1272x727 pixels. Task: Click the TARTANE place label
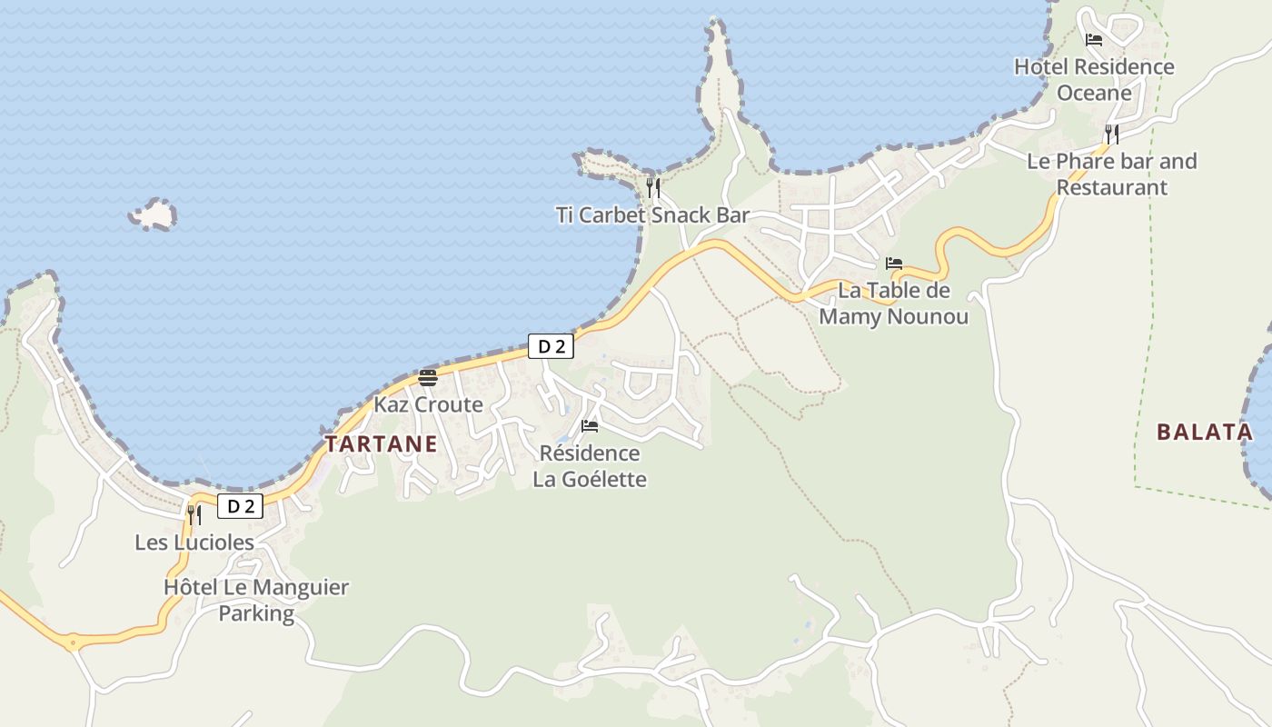click(381, 444)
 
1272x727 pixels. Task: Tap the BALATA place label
click(1205, 432)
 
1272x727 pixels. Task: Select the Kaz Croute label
click(428, 404)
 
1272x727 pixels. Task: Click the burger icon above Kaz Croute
click(428, 378)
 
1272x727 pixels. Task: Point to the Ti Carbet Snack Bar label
click(652, 215)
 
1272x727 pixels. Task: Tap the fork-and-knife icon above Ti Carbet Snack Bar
click(652, 188)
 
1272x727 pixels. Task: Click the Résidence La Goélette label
click(590, 466)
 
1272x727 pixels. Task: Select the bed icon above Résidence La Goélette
click(590, 425)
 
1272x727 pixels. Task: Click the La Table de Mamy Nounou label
click(893, 304)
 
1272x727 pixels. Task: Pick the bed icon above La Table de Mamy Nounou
click(894, 264)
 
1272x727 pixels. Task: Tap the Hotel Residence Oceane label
click(1094, 80)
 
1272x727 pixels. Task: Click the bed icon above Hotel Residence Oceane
click(1094, 40)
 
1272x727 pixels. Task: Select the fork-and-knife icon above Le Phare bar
click(1111, 134)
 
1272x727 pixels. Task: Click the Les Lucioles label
click(194, 543)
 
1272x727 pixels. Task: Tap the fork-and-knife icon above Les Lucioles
click(194, 514)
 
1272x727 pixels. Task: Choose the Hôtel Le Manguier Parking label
click(256, 600)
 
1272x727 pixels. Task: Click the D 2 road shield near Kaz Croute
click(552, 346)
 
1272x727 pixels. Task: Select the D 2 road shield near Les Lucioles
click(240, 506)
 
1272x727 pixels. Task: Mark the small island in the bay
click(154, 214)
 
